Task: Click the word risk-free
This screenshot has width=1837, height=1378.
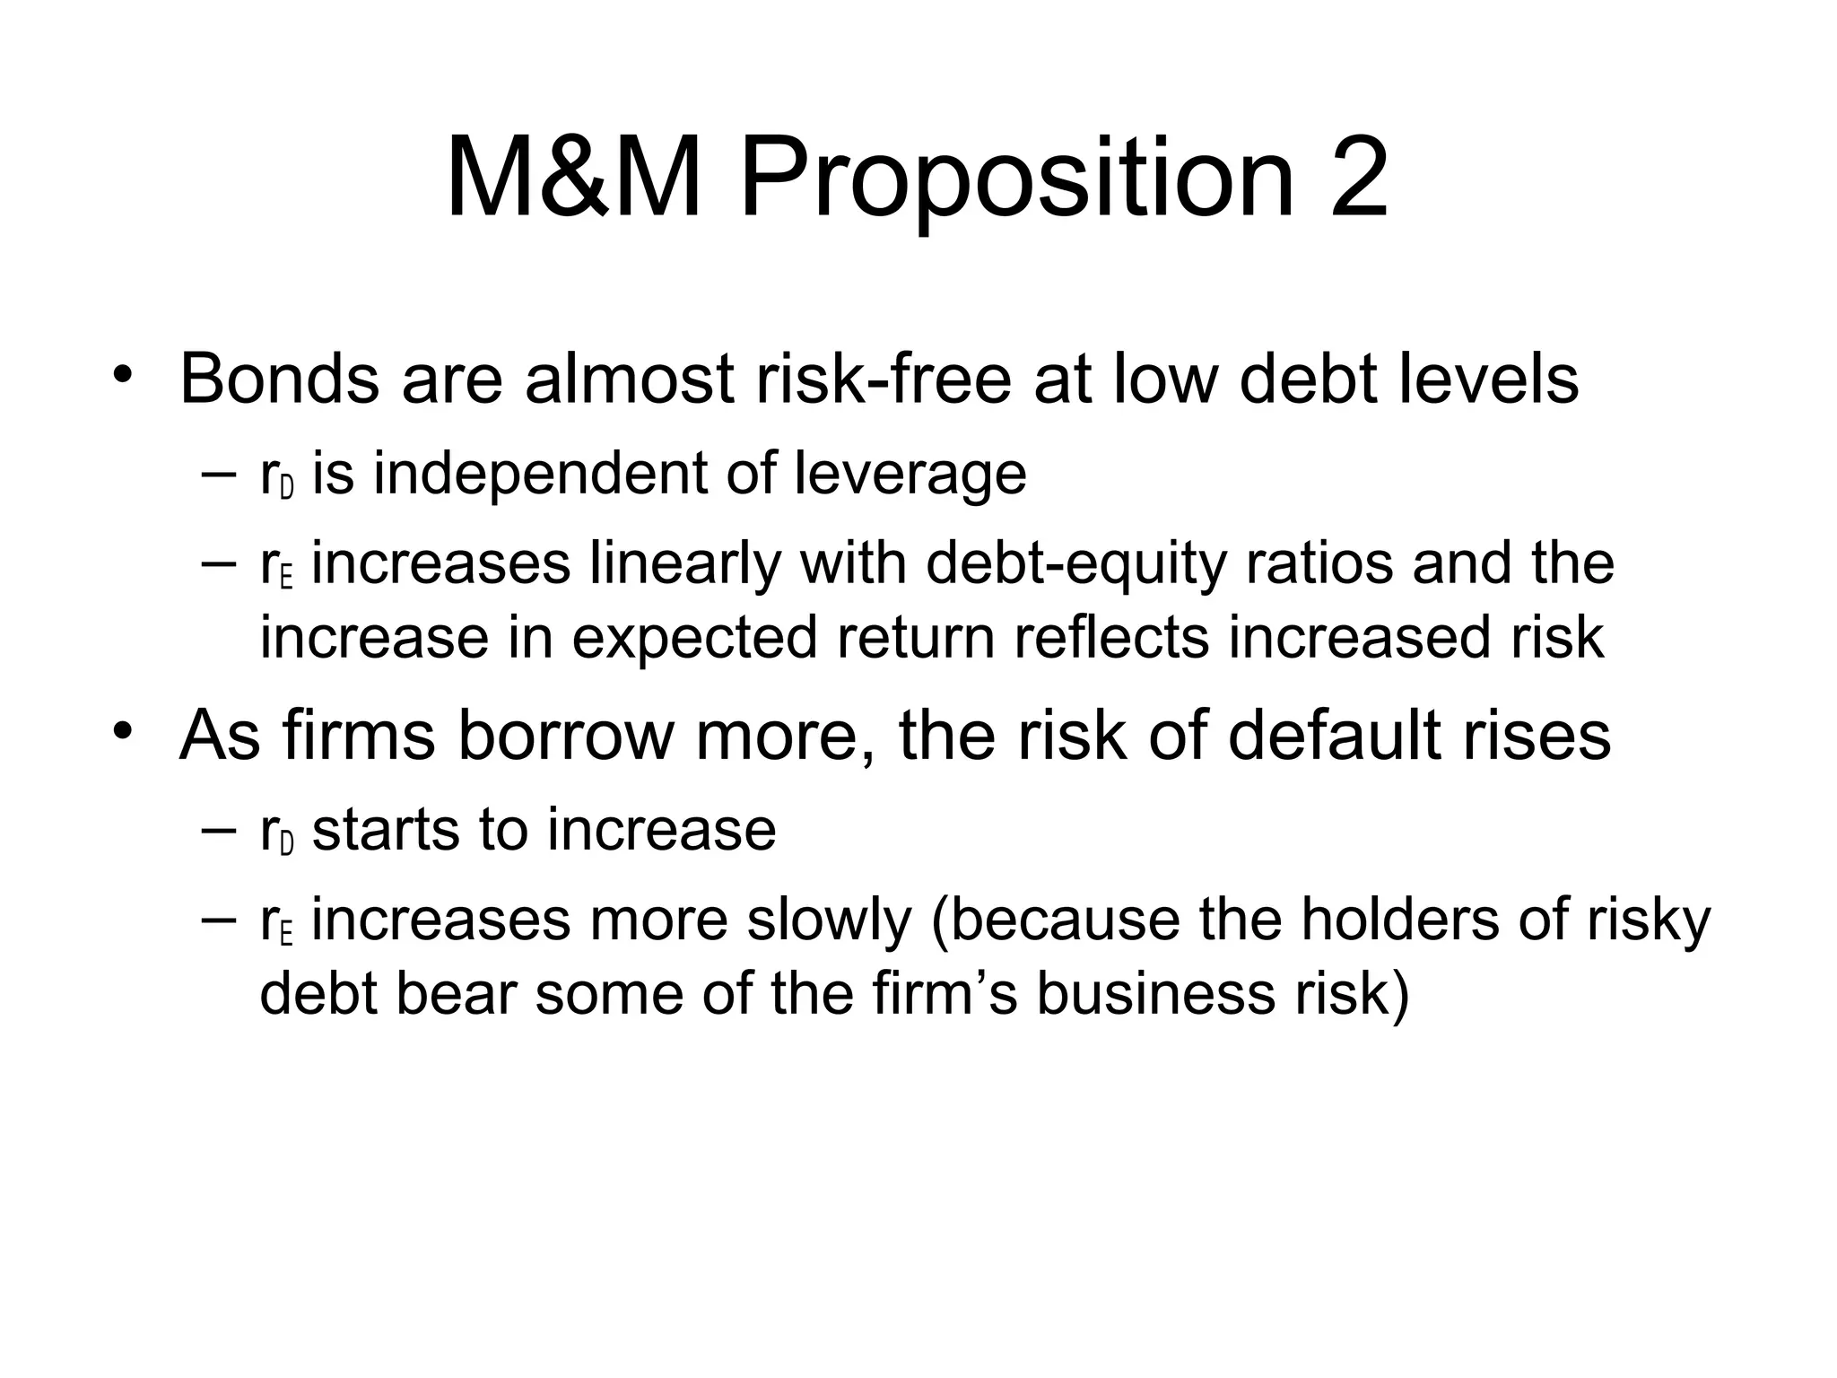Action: coord(884,379)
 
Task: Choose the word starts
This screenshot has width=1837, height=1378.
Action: coord(387,831)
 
